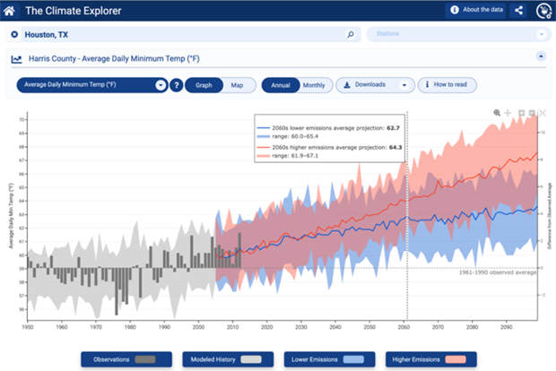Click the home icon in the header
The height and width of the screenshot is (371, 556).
pos(10,11)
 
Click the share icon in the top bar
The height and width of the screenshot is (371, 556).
pos(518,11)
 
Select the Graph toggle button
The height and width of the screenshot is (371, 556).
pos(204,85)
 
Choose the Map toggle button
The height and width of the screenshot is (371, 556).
pos(237,85)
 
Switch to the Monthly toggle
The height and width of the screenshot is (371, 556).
pos(313,85)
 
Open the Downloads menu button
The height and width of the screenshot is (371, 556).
pos(376,85)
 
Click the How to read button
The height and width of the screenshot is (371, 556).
pos(447,85)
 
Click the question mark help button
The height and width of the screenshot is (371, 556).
pos(177,85)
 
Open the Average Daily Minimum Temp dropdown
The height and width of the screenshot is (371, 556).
pos(93,85)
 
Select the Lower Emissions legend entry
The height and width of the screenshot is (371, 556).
pos(322,359)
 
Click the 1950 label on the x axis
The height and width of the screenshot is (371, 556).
pos(29,327)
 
